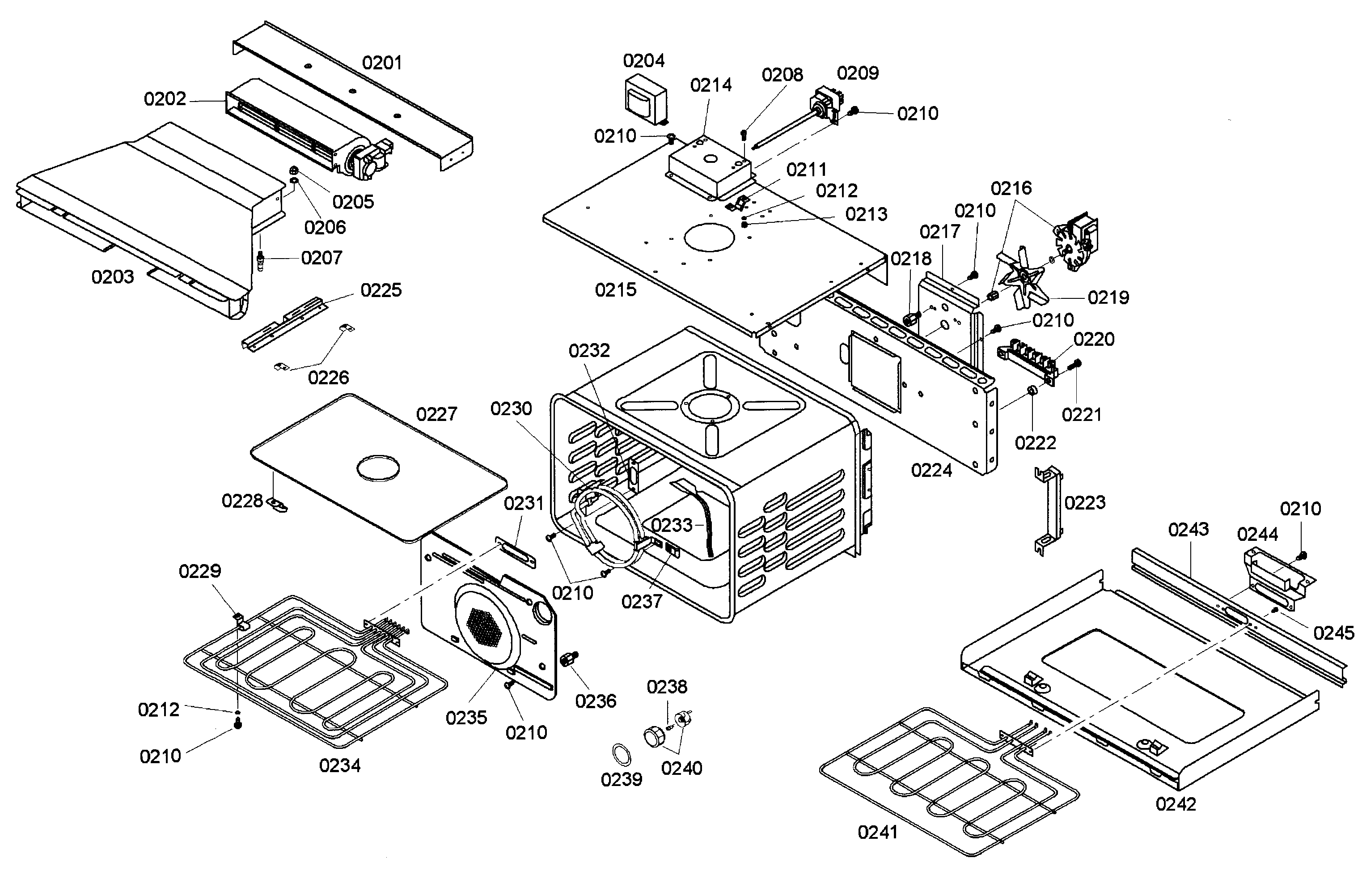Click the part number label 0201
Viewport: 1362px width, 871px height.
382,63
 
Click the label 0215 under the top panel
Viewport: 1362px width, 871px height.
615,290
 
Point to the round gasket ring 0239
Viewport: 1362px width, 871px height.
622,756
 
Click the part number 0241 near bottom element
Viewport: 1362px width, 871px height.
877,833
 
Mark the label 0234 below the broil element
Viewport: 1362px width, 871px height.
339,766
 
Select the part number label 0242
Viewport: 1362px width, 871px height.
1176,804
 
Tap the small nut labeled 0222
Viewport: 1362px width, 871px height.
1031,391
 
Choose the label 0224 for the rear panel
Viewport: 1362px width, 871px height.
931,470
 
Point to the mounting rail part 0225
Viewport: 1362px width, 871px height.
284,324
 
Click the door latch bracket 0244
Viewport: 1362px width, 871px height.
1277,580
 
